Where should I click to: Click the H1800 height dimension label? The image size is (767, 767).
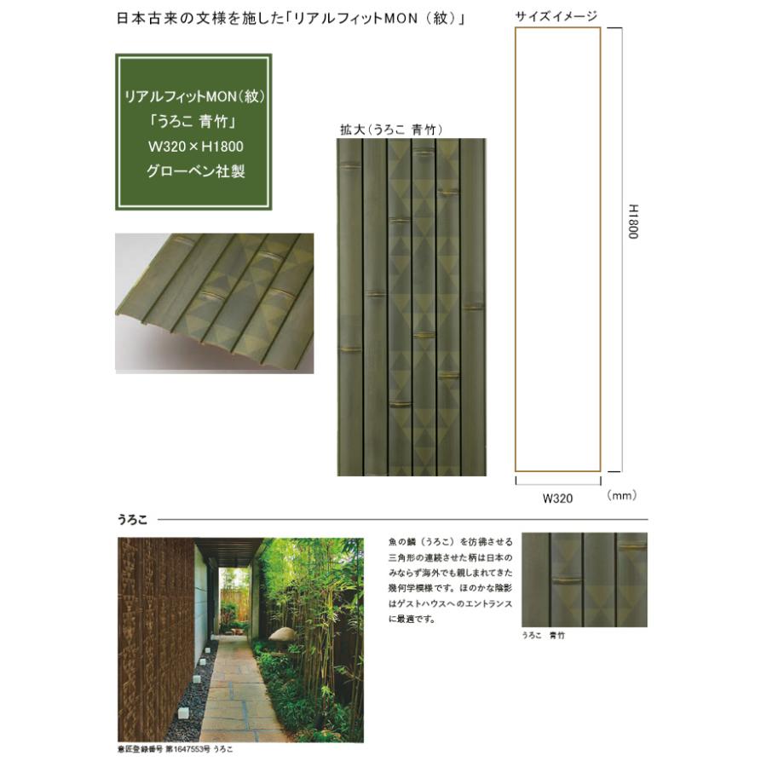click(x=633, y=222)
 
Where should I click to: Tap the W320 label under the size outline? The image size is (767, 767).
click(x=557, y=499)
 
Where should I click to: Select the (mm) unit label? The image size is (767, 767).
click(x=622, y=495)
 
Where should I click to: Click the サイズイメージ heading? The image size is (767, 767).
click(x=557, y=17)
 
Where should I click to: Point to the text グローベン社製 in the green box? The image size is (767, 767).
click(x=196, y=171)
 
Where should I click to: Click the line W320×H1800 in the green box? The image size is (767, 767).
click(x=196, y=147)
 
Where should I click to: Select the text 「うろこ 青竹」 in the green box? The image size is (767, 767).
click(x=193, y=121)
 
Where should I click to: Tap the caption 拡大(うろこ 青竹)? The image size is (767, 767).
click(x=391, y=130)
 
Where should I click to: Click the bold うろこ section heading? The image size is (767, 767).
click(x=132, y=520)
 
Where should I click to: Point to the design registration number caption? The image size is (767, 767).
click(x=175, y=749)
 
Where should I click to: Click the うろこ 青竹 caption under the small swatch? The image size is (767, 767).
click(x=543, y=635)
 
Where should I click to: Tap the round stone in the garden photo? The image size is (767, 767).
click(x=283, y=634)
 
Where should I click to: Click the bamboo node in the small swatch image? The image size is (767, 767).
click(x=568, y=580)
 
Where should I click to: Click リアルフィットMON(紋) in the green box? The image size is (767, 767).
click(x=194, y=96)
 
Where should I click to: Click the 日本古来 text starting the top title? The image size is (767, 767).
click(x=140, y=19)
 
